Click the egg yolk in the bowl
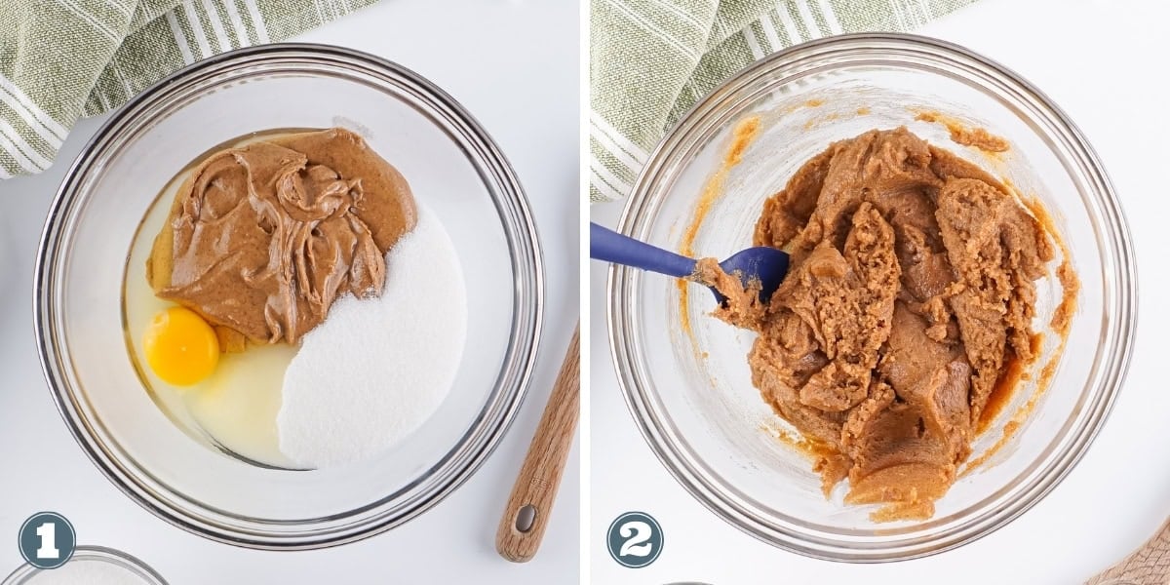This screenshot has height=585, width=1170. pyautogui.click(x=180, y=346)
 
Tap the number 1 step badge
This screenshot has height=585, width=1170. pyautogui.click(x=47, y=539)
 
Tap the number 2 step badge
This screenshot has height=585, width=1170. pyautogui.click(x=635, y=539)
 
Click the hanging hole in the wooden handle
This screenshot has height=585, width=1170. pyautogui.click(x=525, y=518)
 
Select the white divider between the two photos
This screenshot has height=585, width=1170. pyautogui.click(x=585, y=292)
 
